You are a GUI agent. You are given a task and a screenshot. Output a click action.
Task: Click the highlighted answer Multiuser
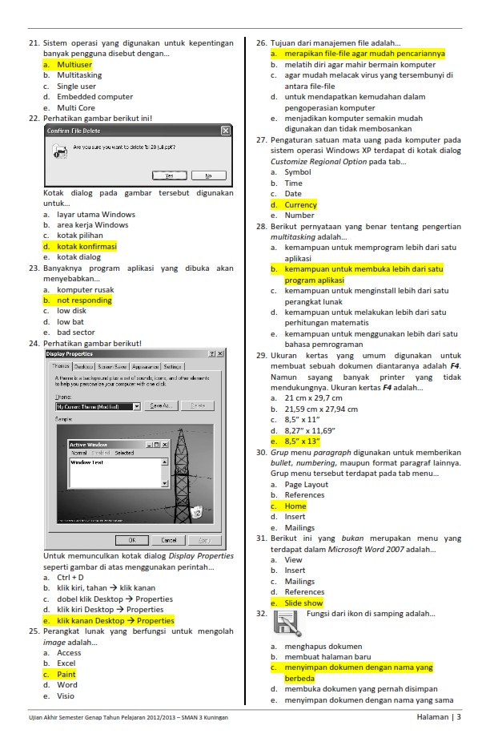74,64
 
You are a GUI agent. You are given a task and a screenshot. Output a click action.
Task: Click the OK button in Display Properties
132,540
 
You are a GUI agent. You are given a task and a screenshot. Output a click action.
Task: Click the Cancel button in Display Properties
169,540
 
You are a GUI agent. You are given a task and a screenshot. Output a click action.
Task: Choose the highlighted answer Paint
66,675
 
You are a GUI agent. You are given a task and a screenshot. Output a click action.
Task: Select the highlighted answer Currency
301,204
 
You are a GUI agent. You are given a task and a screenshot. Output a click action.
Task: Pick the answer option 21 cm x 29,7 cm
313,398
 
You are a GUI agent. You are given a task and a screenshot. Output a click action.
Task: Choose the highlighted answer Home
295,506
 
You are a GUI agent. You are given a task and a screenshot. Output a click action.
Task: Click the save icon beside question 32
286,623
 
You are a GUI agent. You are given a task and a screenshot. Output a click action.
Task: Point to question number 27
260,139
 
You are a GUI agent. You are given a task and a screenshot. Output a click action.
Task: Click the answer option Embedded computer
94,97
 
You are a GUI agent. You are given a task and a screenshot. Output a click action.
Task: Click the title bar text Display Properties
70,353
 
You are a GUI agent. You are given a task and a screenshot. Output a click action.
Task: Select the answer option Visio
66,696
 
